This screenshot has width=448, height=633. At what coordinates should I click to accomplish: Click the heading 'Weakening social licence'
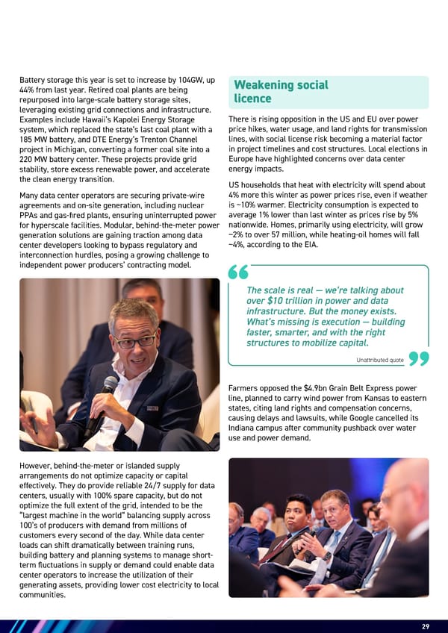point(280,92)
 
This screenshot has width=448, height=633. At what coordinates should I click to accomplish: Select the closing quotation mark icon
point(419,360)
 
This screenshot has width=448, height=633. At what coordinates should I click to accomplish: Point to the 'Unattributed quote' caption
point(381,361)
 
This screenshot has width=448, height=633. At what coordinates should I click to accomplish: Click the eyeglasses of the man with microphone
point(134,341)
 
